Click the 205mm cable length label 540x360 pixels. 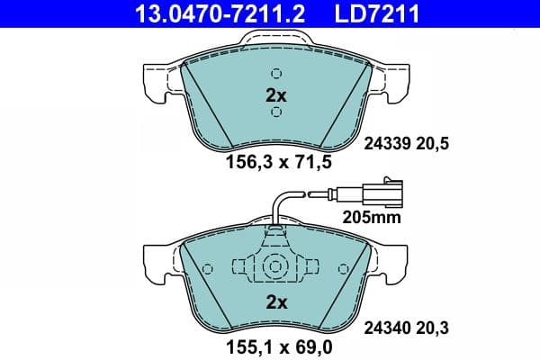(x=371, y=217)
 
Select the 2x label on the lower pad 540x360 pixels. (x=275, y=302)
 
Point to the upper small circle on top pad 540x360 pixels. (x=276, y=74)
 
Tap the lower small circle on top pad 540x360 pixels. (x=276, y=112)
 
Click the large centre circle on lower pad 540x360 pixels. (x=276, y=267)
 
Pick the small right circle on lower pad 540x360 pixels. (x=343, y=268)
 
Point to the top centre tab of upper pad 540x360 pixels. (x=276, y=41)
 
